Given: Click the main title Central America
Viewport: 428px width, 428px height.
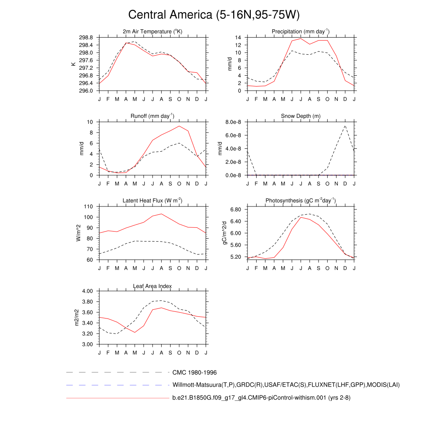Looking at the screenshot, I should point(214,15).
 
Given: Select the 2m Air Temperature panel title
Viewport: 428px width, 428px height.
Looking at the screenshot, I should point(153,32).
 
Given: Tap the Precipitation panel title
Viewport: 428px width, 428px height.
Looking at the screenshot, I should point(301,32).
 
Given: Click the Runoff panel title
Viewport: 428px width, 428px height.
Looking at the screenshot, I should point(153,116).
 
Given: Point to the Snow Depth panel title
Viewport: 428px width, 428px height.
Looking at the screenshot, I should point(301,116).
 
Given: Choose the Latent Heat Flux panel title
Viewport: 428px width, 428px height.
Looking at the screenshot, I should point(153,201).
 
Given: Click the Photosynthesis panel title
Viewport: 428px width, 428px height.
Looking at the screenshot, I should point(301,201).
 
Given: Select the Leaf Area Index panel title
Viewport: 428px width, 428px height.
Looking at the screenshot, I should point(153,286).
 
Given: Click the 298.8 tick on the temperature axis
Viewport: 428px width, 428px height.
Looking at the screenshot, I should point(87,38).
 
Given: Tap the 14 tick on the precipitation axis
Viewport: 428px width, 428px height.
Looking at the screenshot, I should point(238,38).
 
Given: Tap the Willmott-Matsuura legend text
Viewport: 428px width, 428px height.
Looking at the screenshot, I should point(286,385).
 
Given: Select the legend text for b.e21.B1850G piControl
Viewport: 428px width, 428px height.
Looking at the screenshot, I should point(261,398).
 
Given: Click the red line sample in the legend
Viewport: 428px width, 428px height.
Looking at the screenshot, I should point(117,398).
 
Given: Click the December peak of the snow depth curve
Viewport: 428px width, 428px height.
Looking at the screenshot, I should point(345,125).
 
